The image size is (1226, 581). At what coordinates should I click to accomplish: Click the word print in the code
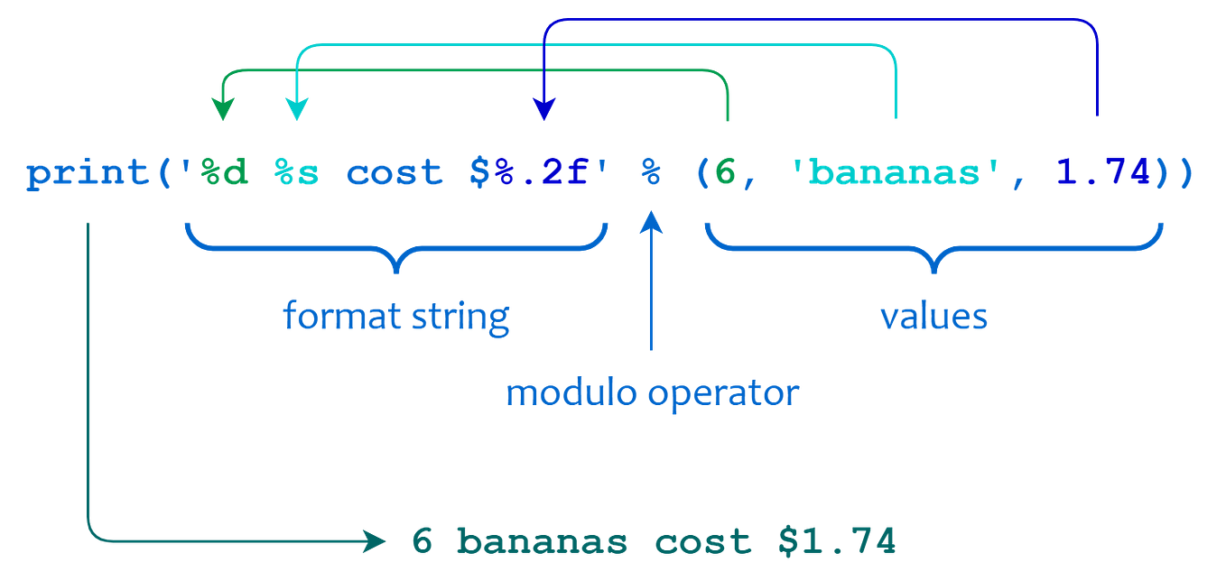pos(88,174)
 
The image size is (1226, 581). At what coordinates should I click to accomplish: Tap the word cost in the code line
pos(395,174)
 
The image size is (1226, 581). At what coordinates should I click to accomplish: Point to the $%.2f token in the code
pos(528,174)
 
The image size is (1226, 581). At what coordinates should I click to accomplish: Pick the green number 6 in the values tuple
pos(720,174)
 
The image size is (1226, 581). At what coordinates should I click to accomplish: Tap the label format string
pos(396,317)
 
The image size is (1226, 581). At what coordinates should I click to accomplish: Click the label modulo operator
pos(652,393)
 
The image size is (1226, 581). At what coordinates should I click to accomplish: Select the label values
pos(933,317)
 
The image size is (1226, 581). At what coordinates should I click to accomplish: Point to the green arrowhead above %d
pos(221,112)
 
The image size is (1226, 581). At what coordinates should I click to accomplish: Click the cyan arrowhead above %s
pos(295,112)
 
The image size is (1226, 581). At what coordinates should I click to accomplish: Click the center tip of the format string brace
pos(396,270)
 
